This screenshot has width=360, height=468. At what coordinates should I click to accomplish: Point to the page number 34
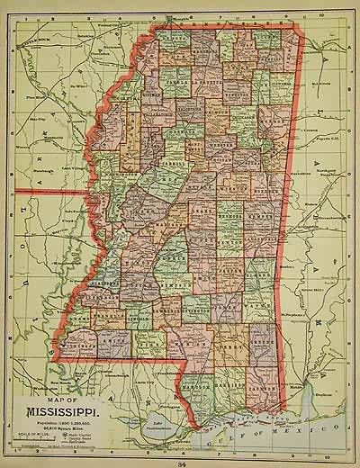click(x=183, y=462)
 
